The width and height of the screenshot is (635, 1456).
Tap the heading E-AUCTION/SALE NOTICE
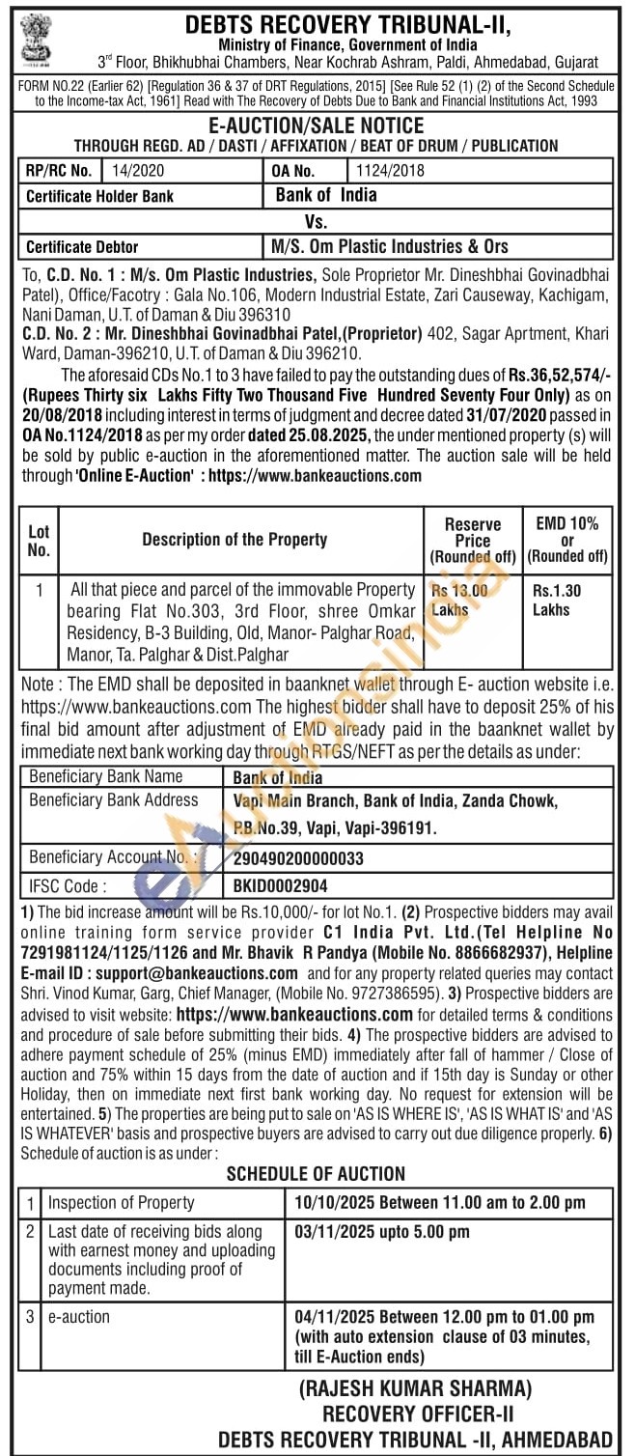pos(317,126)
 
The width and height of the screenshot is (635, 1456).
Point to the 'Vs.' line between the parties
pos(317,221)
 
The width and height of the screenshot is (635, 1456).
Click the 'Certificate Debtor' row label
pos(82,246)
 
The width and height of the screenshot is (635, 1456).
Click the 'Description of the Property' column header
pos(235,540)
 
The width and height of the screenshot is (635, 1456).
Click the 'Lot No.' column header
pos(39,540)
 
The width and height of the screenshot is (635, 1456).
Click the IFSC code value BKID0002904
pos(281,885)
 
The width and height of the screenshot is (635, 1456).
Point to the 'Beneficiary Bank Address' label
pos(113,800)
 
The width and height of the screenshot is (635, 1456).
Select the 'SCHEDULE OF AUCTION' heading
pos(316,1174)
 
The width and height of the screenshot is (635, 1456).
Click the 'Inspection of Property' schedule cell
pos(122,1203)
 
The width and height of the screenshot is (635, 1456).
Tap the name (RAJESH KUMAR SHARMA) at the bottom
pos(415,1389)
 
